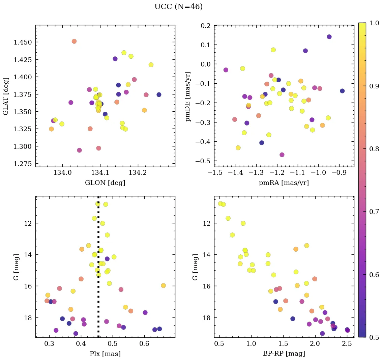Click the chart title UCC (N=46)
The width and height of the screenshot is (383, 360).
[178, 7]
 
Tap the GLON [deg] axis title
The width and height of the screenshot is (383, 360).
[105, 183]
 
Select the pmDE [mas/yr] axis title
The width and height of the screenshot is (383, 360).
[188, 96]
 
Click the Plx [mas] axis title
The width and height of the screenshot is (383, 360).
[105, 354]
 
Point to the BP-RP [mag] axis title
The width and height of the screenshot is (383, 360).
[284, 354]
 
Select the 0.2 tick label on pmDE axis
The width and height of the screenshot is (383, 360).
[205, 26]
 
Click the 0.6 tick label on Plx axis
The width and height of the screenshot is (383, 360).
[144, 344]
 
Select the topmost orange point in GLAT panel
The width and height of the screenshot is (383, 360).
[74, 41]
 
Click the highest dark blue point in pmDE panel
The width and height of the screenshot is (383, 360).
[329, 37]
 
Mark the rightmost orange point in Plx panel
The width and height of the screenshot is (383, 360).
[164, 285]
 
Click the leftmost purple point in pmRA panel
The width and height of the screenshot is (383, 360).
[226, 70]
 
